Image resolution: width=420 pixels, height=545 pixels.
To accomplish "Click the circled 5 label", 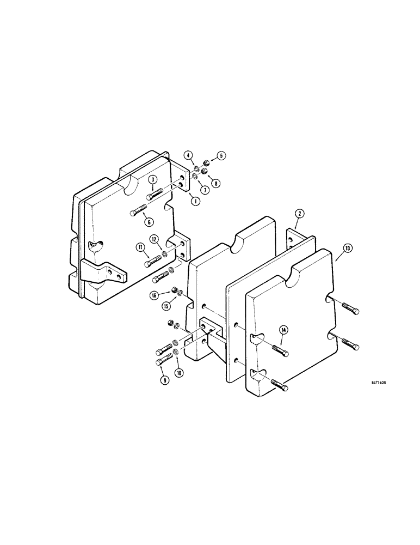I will point(221,155).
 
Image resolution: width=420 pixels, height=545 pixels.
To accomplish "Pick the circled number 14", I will point(283,329).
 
